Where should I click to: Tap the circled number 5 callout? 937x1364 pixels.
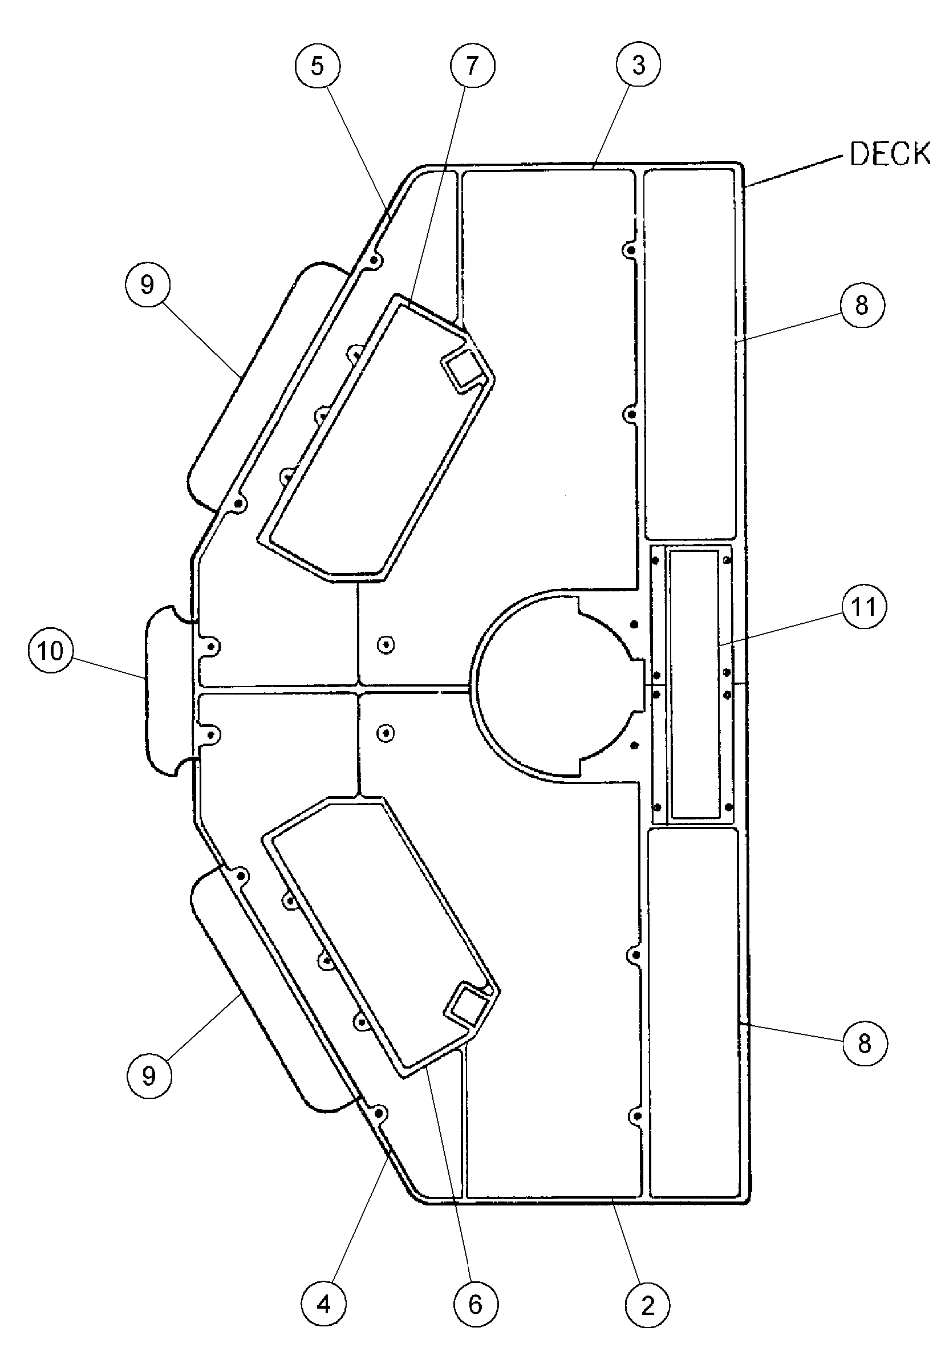coord(317,66)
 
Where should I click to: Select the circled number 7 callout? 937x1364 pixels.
coord(473,66)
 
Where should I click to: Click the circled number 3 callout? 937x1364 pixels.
coord(639,64)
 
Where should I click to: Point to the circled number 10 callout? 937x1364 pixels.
coord(51,650)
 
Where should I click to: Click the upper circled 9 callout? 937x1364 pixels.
coord(147,285)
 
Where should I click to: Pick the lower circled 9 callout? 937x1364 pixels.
coord(149,1076)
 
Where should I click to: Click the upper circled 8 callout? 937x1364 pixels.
coord(861,305)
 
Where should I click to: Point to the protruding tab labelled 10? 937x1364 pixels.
coord(167,689)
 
